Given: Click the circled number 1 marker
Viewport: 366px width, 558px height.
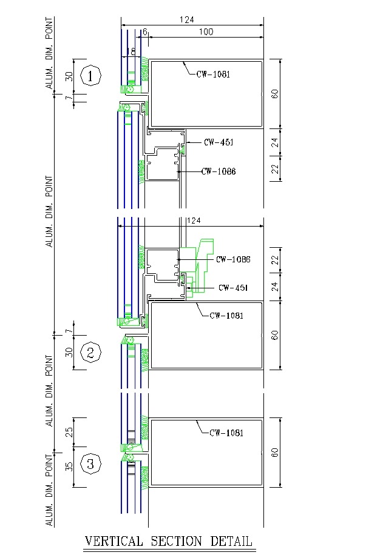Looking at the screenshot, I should (90, 76).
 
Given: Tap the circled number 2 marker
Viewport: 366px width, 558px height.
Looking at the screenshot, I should (90, 352).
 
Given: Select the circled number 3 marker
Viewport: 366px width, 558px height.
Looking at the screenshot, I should (90, 465).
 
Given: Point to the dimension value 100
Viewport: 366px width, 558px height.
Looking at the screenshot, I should (206, 32).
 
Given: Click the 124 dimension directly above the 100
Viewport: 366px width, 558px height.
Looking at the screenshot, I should (187, 19).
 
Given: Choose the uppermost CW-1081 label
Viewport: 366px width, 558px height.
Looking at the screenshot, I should (213, 75).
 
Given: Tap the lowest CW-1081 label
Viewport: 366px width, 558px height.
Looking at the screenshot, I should (226, 433).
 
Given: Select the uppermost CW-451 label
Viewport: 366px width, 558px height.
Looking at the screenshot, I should (219, 142).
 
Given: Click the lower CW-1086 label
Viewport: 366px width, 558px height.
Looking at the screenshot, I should (234, 259).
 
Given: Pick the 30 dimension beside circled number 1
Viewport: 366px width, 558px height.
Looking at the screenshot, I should (69, 76).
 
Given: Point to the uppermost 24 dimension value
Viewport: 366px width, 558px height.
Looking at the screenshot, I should (274, 143).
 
